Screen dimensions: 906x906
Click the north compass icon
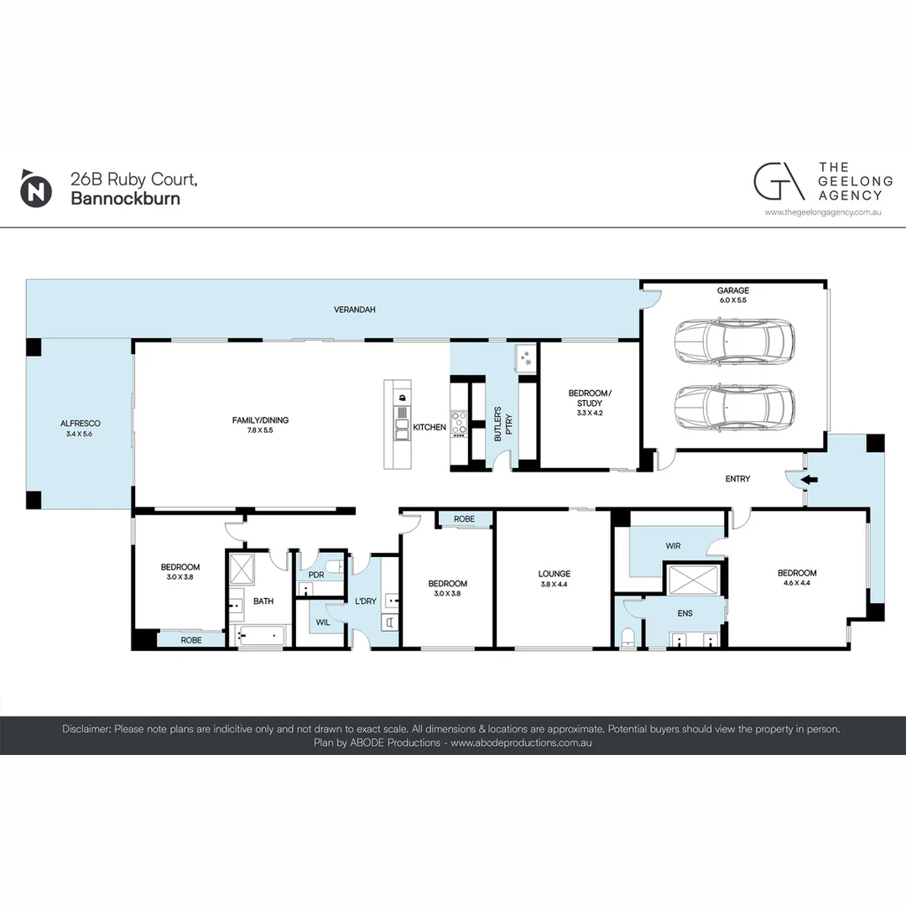(34, 189)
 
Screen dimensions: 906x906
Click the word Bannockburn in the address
(125, 199)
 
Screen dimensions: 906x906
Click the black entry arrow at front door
(807, 480)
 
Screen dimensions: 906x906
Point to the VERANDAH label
(355, 310)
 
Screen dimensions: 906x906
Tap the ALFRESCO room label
(80, 424)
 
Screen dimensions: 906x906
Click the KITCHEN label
(430, 427)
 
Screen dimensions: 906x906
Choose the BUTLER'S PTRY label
(501, 424)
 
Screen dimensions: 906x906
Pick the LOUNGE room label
(554, 574)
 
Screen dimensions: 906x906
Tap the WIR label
(674, 546)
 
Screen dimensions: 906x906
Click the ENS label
(685, 613)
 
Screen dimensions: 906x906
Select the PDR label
(316, 575)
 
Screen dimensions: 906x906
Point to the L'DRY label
(366, 601)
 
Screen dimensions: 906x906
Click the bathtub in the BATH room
(261, 636)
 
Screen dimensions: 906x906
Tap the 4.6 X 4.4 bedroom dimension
(797, 583)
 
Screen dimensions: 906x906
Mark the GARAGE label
(733, 290)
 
